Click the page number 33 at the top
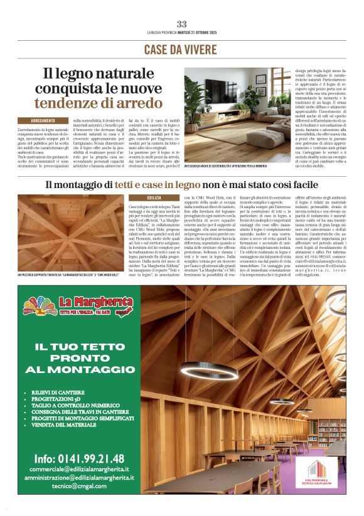pyautogui.click(x=181, y=24)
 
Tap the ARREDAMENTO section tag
pyautogui.click(x=46, y=120)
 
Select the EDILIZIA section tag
pyautogui.click(x=154, y=197)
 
